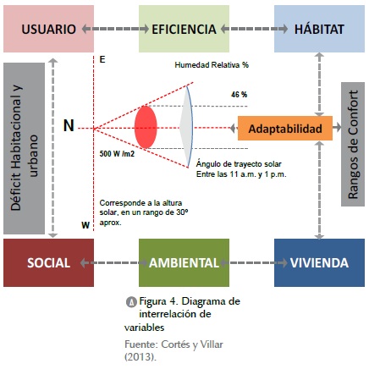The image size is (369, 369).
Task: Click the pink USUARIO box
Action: [x=48, y=29]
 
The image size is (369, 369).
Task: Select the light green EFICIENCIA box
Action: [x=184, y=29]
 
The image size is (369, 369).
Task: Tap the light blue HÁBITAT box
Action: [x=319, y=29]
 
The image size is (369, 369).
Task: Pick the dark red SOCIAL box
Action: [x=48, y=263]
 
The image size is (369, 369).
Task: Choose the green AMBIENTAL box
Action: [x=184, y=263]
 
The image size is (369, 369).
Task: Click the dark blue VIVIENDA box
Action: [x=319, y=263]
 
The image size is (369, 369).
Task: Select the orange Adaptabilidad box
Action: [x=285, y=129]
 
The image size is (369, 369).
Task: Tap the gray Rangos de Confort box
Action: [x=353, y=145]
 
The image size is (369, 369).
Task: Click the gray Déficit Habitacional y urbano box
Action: [x=24, y=148]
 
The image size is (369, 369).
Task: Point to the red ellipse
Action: [x=146, y=127]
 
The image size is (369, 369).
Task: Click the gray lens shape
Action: [x=187, y=126]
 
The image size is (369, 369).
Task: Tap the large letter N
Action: [x=69, y=126]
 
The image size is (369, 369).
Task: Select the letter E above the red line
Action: [x=102, y=59]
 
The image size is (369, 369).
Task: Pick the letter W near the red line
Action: [x=85, y=225]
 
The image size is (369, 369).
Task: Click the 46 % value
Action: [x=240, y=95]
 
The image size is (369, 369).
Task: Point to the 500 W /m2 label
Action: [x=117, y=154]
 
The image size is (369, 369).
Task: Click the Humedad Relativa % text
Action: [x=212, y=65]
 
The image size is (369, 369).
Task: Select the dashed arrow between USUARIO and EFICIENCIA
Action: [x=115, y=29]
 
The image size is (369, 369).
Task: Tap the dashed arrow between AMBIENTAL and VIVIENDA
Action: [x=253, y=263]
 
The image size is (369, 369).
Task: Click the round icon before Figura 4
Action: [x=131, y=302]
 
